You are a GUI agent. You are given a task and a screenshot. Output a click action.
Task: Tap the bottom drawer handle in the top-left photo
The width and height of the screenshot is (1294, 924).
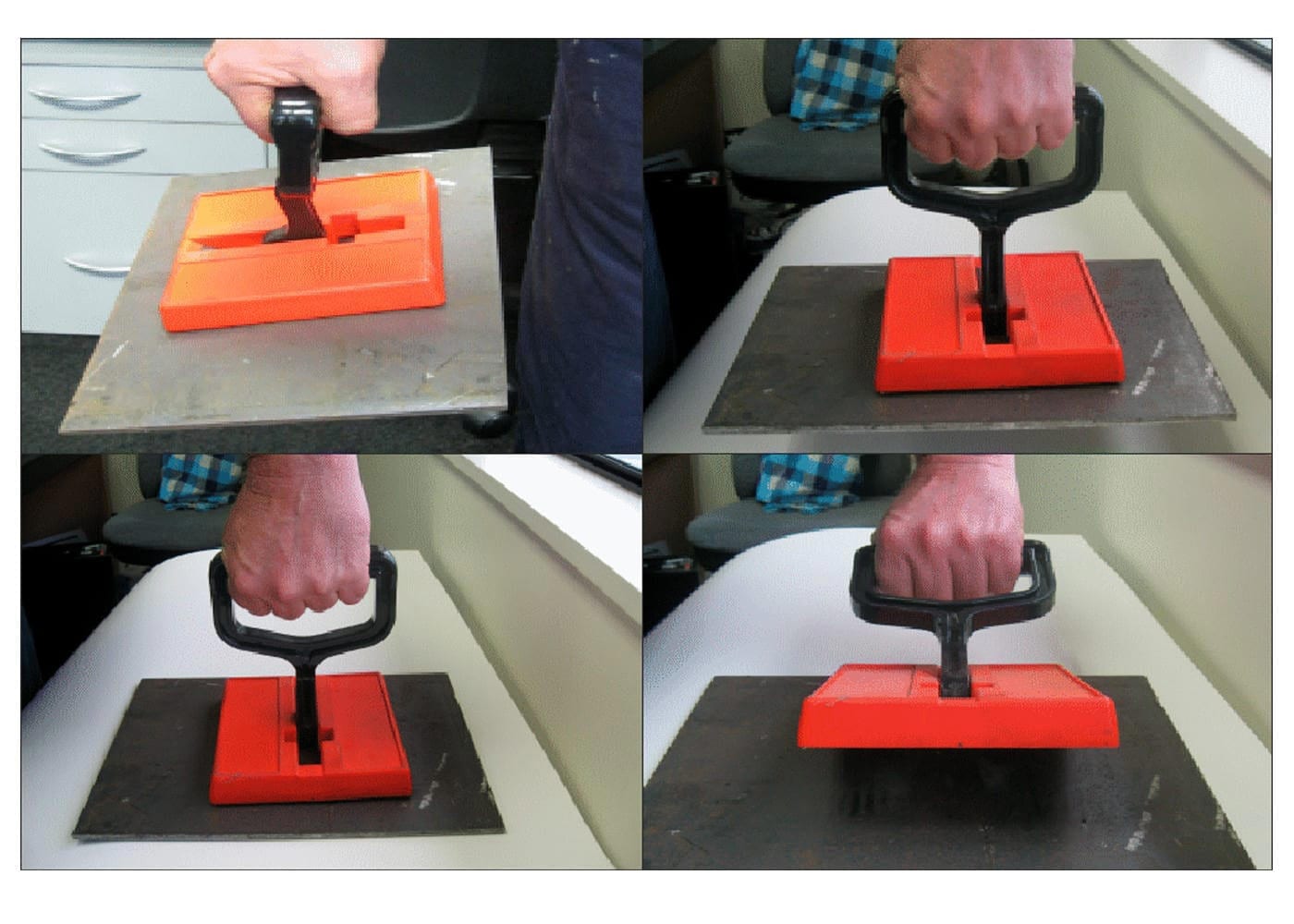coord(97,268)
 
